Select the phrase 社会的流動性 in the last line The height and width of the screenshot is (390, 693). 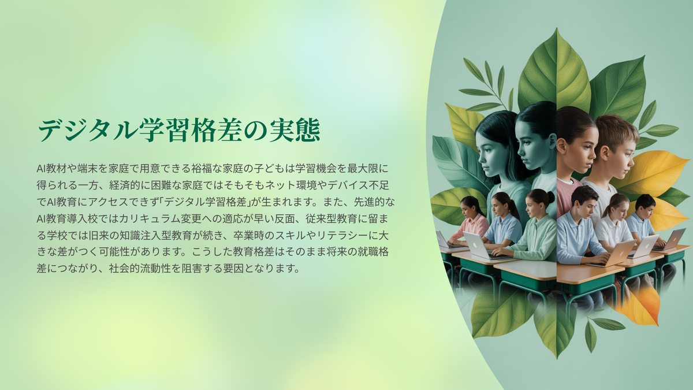[140, 268]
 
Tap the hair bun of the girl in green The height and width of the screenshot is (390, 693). [551, 196]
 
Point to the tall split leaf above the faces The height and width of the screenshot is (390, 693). [556, 71]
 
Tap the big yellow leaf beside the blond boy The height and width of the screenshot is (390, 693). [650, 173]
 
